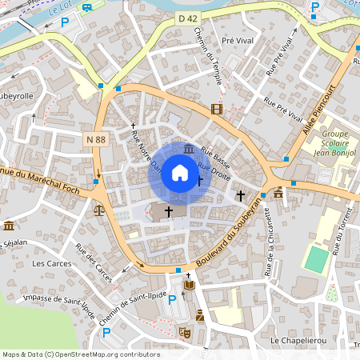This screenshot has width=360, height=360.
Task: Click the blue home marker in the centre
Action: [180, 173]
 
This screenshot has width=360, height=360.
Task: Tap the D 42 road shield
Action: [187, 40]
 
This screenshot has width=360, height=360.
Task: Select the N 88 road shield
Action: [95, 140]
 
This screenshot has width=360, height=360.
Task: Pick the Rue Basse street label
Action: [216, 152]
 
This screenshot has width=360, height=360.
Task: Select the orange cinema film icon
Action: [217, 109]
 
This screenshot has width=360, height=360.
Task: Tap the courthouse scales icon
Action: [98, 210]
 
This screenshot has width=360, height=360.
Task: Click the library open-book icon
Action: [189, 285]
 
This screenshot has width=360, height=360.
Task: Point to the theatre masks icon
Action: [185, 331]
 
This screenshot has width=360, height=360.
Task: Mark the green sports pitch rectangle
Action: [317, 258]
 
